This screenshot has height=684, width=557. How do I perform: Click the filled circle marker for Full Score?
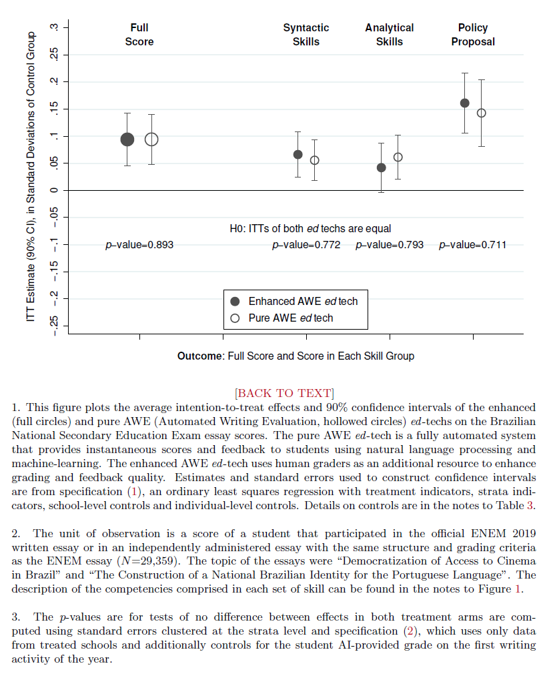(x=127, y=139)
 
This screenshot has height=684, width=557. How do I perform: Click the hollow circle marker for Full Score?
(x=151, y=139)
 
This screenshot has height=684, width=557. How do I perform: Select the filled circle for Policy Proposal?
(x=465, y=103)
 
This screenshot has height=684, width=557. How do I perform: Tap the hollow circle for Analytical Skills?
(x=398, y=157)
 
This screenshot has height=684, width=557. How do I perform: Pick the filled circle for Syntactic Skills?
(x=298, y=154)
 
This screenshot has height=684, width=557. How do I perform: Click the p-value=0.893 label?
(x=139, y=245)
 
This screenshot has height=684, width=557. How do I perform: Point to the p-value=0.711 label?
(x=472, y=245)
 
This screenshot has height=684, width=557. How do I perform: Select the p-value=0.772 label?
(x=306, y=245)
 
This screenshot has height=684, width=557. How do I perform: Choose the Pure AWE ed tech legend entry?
(x=290, y=318)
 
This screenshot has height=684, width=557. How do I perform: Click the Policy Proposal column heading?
(x=473, y=35)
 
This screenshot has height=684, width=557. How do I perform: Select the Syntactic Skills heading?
(x=306, y=35)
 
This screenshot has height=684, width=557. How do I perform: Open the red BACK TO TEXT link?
(x=285, y=392)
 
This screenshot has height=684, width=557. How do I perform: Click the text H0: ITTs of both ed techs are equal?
(x=310, y=229)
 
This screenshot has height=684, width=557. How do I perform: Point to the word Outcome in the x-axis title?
(x=200, y=356)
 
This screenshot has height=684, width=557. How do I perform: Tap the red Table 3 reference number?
(x=530, y=505)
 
